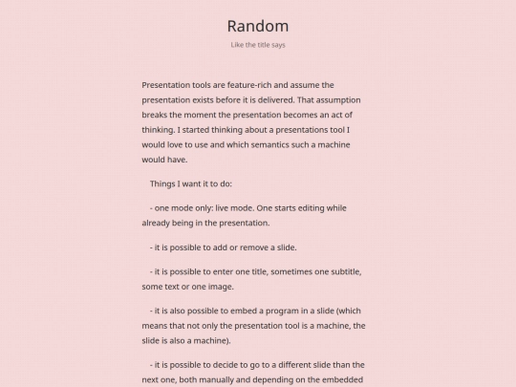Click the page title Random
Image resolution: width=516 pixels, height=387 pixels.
(258, 26)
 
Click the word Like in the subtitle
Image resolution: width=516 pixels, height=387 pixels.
(239, 45)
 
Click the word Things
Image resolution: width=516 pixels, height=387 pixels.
(164, 183)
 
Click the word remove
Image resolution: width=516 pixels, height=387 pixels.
(253, 247)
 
